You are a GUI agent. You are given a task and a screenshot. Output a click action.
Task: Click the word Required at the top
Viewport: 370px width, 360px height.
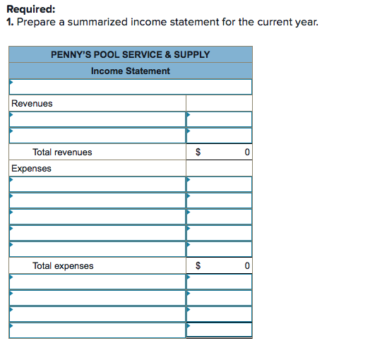[30, 9]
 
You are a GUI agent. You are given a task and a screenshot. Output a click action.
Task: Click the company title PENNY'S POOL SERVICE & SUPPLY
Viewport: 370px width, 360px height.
[131, 54]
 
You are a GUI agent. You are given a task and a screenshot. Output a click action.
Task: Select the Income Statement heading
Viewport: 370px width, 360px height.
[131, 71]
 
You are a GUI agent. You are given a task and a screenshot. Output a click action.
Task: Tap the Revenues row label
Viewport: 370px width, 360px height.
[32, 103]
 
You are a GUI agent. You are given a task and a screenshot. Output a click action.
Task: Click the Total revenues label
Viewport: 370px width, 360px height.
[62, 152]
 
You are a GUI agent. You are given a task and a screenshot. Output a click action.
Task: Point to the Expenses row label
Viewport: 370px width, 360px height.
[31, 168]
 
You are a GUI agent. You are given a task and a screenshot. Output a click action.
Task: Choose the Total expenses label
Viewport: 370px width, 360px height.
[63, 265]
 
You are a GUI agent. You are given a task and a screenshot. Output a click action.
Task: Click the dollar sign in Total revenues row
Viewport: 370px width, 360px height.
[198, 152]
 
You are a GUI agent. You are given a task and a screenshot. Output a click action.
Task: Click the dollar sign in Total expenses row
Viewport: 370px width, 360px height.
[198, 265]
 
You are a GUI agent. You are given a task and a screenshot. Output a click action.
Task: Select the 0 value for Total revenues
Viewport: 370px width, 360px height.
[246, 152]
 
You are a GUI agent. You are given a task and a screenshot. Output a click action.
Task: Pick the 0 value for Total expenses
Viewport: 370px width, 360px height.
[246, 265]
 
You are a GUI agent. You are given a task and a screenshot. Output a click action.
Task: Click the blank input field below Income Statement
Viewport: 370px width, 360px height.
[131, 87]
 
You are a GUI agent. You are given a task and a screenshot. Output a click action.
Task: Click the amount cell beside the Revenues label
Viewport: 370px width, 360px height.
[219, 103]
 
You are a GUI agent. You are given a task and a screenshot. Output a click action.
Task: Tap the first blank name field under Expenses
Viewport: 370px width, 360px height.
[97, 184]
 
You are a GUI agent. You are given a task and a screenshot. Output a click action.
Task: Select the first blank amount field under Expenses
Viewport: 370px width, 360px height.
[219, 184]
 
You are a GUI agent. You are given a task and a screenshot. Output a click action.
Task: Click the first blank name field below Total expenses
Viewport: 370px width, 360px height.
[97, 282]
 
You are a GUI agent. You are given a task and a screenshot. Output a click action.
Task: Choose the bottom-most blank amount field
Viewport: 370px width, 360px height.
[219, 330]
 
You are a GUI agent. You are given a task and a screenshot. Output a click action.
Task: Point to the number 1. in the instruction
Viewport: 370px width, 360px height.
[10, 22]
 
